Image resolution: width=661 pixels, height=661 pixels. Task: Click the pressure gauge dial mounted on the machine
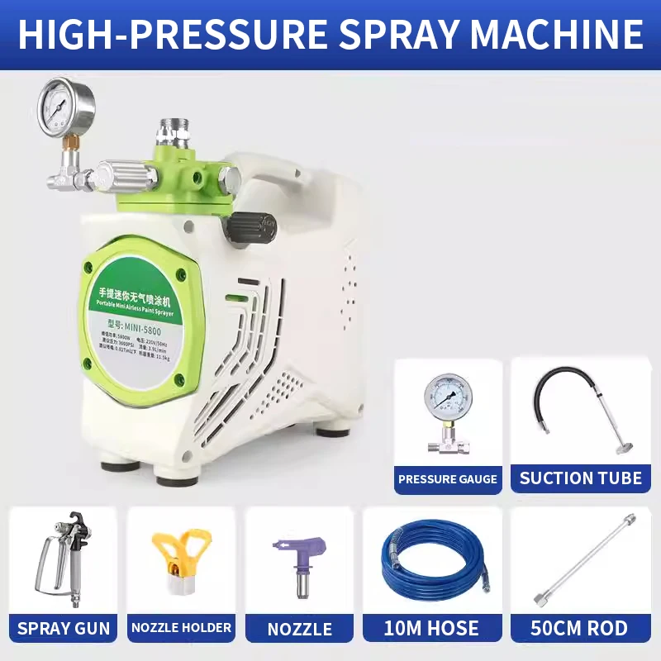coord(66,107)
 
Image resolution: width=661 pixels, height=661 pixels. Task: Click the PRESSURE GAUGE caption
coord(448,479)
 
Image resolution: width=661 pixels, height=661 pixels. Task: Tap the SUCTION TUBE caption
coord(581,478)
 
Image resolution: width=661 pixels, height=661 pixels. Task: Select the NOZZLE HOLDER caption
coord(181,628)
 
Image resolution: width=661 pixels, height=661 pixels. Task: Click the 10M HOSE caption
coord(430,628)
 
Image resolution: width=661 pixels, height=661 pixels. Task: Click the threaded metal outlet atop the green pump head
coord(175,133)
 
